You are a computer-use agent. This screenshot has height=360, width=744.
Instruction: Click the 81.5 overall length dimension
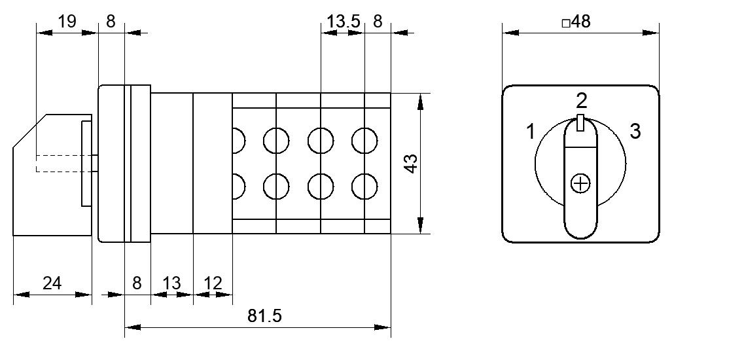(x=264, y=316)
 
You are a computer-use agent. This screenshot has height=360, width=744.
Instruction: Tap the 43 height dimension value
(x=412, y=164)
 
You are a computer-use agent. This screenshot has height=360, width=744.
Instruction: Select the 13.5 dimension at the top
(x=344, y=22)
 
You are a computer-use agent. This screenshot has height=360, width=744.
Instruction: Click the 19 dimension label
(x=67, y=22)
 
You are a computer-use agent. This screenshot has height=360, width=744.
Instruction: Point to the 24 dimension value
(x=52, y=283)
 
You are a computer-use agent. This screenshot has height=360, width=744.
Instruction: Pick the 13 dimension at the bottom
(x=171, y=283)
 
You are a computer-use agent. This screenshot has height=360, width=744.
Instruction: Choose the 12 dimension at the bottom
(x=213, y=283)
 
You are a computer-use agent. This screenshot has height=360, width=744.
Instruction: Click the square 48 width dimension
(x=576, y=22)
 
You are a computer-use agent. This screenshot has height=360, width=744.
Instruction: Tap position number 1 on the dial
(x=531, y=131)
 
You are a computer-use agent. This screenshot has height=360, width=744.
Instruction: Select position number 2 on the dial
(x=581, y=101)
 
